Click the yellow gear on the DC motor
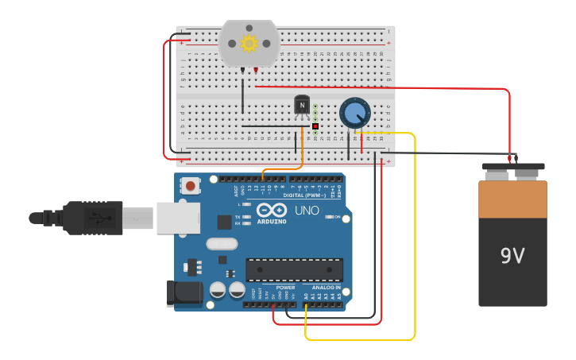pyautogui.click(x=249, y=43)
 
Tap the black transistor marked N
pyautogui.click(x=302, y=104)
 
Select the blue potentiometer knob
pyautogui.click(x=354, y=113)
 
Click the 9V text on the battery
pyautogui.click(x=512, y=256)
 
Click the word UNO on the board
pyautogui.click(x=307, y=211)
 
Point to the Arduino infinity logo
pyautogui.click(x=271, y=211)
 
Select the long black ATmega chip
pyautogui.click(x=294, y=269)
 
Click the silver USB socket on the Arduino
pyautogui.click(x=178, y=218)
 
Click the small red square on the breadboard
pyautogui.click(x=315, y=126)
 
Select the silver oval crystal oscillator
pyautogui.click(x=221, y=244)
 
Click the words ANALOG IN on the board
pyautogui.click(x=326, y=288)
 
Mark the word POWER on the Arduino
pyautogui.click(x=285, y=288)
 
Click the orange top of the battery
pyautogui.click(x=512, y=199)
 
